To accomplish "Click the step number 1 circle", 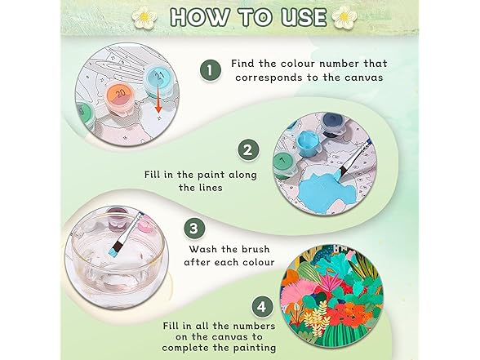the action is click(x=211, y=70).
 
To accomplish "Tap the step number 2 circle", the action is click(x=248, y=150).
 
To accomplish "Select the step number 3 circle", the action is click(x=194, y=229).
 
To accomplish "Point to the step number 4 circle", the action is click(x=262, y=307).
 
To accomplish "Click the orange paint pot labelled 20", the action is click(x=120, y=99).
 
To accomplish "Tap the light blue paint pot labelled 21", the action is click(x=159, y=82).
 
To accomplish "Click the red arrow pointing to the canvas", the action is click(x=158, y=99).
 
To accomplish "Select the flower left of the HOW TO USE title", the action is click(x=144, y=17).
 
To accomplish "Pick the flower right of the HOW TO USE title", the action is click(x=344, y=16).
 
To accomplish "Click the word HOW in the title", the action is click(x=201, y=17).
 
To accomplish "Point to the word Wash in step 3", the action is click(x=203, y=249).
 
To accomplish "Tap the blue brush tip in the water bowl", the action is click(x=113, y=252).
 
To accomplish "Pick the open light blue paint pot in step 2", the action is click(x=307, y=143).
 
